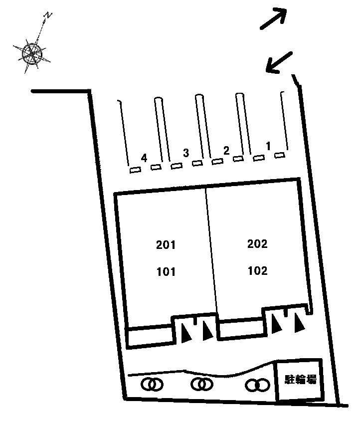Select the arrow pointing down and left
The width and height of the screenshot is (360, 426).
pyautogui.click(x=279, y=63)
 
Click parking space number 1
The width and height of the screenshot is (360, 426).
pyautogui.click(x=268, y=146)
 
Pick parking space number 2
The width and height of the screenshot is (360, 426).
pyautogui.click(x=226, y=151)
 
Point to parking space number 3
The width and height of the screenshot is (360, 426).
pyautogui.click(x=185, y=153)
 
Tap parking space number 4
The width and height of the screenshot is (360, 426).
pyautogui.click(x=144, y=158)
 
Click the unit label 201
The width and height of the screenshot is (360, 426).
pyautogui.click(x=166, y=245)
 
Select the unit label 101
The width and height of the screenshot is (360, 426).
pyautogui.click(x=166, y=272)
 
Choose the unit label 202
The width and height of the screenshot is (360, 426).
pyautogui.click(x=257, y=244)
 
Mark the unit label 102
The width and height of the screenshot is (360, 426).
pyautogui.click(x=258, y=270)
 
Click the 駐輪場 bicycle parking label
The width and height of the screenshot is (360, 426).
pyautogui.click(x=301, y=379)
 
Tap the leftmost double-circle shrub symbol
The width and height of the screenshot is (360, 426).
pyautogui.click(x=152, y=385)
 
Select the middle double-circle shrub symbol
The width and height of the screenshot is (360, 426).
pyautogui.click(x=202, y=384)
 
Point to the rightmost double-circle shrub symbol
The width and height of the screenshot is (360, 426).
pyautogui.click(x=257, y=385)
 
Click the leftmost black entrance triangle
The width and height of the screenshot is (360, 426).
pyautogui.click(x=186, y=333)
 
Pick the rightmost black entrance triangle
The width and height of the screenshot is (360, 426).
pyautogui.click(x=299, y=323)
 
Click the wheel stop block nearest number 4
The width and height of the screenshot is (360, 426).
pyautogui.click(x=135, y=170)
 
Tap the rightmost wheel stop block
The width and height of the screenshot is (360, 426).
pyautogui.click(x=280, y=155)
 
